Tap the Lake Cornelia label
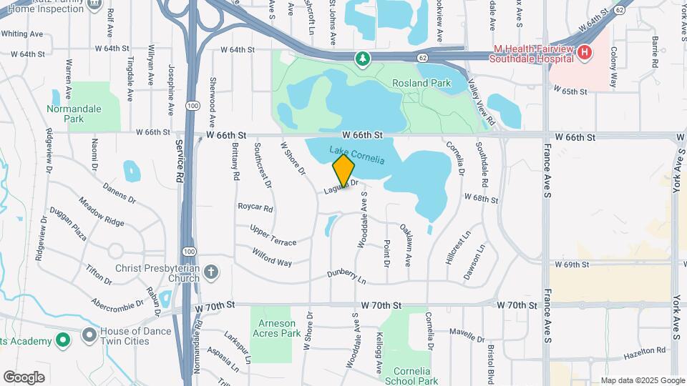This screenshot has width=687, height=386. tap(357, 155)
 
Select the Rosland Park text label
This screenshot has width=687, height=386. tap(422, 83)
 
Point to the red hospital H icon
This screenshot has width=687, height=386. tap(585, 52)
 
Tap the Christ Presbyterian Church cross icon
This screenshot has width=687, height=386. tap(210, 272)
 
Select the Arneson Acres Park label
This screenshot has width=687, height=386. tap(276, 327)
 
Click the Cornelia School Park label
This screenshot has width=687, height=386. tap(416, 376)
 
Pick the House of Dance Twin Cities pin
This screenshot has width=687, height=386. tap(89, 334)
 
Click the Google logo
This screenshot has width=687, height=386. tap(24, 377)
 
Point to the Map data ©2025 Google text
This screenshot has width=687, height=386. tap(643, 380)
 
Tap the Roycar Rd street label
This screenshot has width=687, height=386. tap(255, 209)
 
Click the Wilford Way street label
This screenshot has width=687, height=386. tap(272, 257)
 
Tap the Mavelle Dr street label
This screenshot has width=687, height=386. tap(467, 332)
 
